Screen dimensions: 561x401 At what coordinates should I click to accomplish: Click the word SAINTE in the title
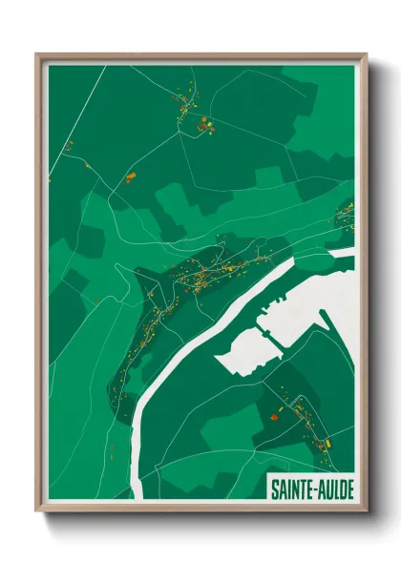point(289,488)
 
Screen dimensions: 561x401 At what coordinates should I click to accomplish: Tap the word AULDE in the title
point(334,488)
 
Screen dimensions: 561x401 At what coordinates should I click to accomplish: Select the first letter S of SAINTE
point(272,488)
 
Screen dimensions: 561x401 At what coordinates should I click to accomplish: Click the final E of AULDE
point(348,488)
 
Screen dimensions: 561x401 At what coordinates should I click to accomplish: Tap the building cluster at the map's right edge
point(344,215)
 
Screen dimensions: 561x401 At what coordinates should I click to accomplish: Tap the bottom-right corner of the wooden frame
point(367,512)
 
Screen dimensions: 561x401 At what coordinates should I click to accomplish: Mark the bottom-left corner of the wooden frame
point(37,512)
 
